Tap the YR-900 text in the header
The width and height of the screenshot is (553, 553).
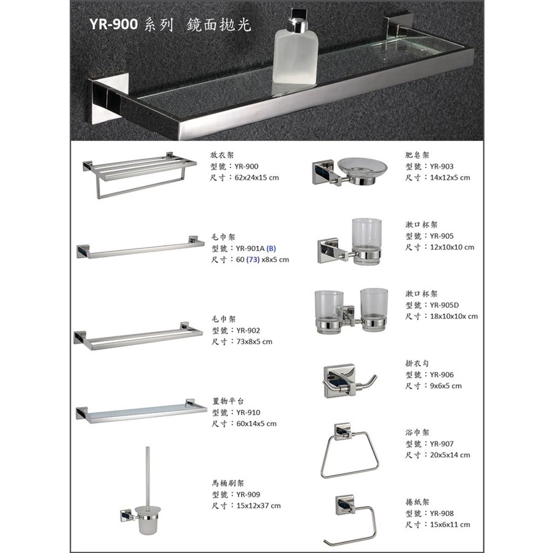coord(113,24)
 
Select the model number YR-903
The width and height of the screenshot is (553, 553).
coord(442,166)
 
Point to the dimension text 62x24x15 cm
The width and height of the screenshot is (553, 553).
coord(257,178)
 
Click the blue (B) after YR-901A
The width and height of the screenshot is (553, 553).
coord(271,248)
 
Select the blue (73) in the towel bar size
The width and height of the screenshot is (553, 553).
coord(253,260)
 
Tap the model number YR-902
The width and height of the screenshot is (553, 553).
coord(248,331)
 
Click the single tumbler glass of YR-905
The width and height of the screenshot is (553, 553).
coord(367,241)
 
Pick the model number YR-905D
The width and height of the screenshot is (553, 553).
coord(444,305)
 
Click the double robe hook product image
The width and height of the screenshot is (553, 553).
coord(349,381)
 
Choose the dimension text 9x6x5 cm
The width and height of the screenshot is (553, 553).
coord(446,386)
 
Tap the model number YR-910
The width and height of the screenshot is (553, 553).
coord(248,413)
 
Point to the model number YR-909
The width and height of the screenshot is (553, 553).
coord(248,495)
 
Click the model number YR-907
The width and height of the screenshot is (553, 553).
coord(442,444)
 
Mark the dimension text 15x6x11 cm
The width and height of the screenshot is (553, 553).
coord(450,525)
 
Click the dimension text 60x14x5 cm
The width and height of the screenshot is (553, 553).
coord(257,424)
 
